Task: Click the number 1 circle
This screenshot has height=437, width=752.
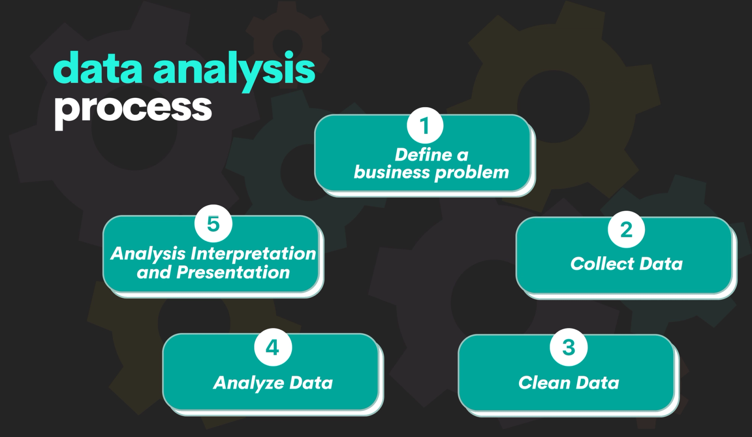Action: tap(425, 126)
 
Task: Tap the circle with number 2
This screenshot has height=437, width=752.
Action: tap(626, 230)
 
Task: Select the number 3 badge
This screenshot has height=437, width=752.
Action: tap(569, 347)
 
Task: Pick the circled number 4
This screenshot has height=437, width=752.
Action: tap(273, 347)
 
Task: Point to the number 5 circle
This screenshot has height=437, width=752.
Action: tap(213, 223)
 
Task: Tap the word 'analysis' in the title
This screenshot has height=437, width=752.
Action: tap(234, 71)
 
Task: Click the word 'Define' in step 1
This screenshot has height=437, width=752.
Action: tap(423, 155)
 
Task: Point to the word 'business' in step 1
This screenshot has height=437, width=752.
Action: tap(392, 172)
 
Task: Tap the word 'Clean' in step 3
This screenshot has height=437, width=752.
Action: tap(544, 383)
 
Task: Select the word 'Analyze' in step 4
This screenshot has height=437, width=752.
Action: tap(247, 383)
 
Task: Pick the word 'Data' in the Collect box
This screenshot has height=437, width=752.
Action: tap(661, 264)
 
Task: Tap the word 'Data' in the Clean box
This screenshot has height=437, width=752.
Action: tap(597, 383)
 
